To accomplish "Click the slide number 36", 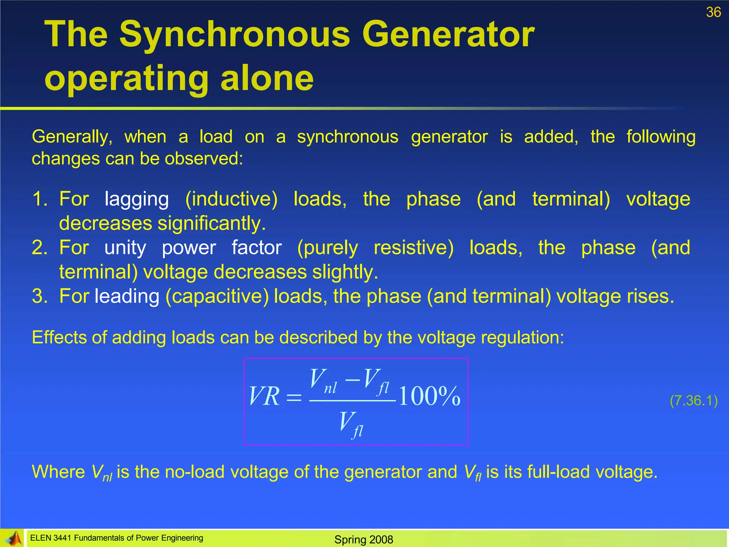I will click(713, 12).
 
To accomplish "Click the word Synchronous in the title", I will click(235, 35).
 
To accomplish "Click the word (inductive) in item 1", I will click(231, 199).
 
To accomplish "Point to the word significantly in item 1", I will click(211, 224).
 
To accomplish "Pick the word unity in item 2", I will click(125, 248).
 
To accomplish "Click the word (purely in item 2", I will click(327, 249).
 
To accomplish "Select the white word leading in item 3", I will click(127, 297).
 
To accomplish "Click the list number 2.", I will click(40, 248).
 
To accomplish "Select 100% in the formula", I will click(429, 396).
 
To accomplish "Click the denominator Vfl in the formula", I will click(351, 424).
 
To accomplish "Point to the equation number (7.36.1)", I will click(693, 401).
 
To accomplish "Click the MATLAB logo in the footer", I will click(12, 538).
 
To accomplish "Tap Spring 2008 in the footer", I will click(363, 540).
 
